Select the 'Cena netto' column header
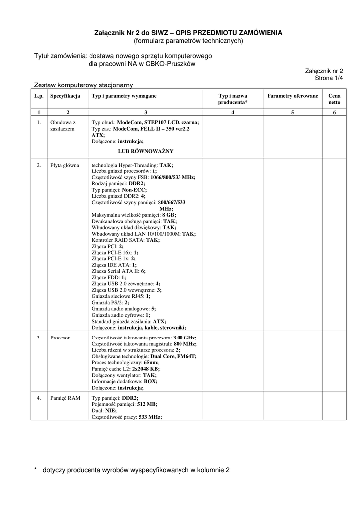334,99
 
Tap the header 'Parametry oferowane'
292,95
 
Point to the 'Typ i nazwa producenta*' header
233,99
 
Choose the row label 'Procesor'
60,338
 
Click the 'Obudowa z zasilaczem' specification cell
63,125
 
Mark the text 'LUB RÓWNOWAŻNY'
146,151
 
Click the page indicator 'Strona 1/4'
329,78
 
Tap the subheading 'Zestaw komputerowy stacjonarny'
83,85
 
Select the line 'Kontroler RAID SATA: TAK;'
126,240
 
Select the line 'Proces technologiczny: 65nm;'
125,363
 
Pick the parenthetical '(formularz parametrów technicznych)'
188,41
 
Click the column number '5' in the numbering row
292,112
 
